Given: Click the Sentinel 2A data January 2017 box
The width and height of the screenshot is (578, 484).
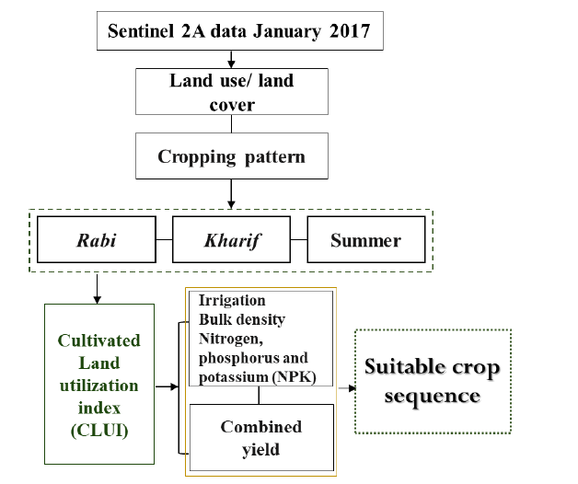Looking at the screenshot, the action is (240, 30).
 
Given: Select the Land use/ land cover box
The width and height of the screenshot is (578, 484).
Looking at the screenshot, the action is (232, 91).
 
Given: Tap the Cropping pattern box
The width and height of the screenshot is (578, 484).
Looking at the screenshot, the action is (232, 156).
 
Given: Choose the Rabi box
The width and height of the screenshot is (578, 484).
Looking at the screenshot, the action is (97, 239).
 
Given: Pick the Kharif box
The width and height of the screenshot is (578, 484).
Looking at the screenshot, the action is (232, 239).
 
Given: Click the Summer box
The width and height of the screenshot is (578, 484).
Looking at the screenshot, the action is (366, 239).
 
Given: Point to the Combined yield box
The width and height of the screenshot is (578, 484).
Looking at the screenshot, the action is (261, 438).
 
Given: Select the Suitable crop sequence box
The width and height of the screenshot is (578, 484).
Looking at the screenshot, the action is (433, 382).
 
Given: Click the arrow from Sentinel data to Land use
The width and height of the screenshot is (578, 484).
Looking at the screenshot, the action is (231, 59).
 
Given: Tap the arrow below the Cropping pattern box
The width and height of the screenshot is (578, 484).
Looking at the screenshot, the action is (231, 194).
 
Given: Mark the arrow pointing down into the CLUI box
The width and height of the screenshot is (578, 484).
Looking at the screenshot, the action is (97, 289).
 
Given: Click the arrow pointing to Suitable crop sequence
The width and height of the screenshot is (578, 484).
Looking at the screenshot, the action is (347, 387).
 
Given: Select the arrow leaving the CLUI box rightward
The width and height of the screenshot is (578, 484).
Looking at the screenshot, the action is (167, 386).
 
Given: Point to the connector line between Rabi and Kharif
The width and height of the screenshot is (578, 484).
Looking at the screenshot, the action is (164, 239).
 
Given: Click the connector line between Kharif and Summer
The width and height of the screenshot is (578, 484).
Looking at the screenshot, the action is (299, 239).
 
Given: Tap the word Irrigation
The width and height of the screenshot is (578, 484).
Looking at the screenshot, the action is (232, 300).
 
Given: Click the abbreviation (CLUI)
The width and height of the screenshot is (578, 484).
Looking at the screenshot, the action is (99, 431).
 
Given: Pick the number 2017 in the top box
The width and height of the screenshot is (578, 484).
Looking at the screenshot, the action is (350, 31).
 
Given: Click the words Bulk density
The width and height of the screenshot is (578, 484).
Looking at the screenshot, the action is (242, 319).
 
